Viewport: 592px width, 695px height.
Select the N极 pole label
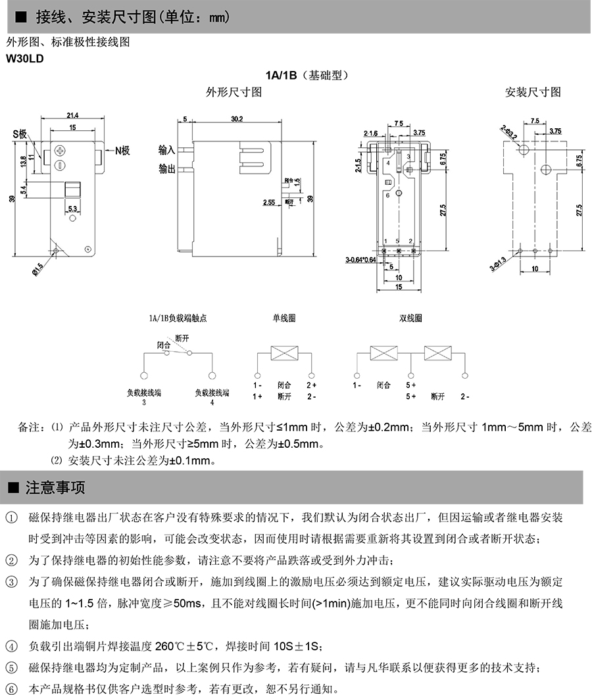[x=122, y=151]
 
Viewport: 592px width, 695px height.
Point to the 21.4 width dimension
[x=72, y=116]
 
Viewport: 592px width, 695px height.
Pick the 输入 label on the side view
[x=167, y=150]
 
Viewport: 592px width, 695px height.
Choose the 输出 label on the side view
[x=167, y=169]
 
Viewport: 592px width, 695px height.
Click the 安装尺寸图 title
[x=533, y=92]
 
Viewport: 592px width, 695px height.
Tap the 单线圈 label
[x=284, y=318]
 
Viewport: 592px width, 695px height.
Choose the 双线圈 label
[x=411, y=318]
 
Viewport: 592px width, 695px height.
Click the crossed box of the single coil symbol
[x=284, y=353]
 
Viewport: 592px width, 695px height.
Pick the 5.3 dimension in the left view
[x=72, y=208]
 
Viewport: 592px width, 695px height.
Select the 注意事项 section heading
[x=55, y=488]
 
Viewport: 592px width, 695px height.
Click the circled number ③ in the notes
[x=12, y=583]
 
